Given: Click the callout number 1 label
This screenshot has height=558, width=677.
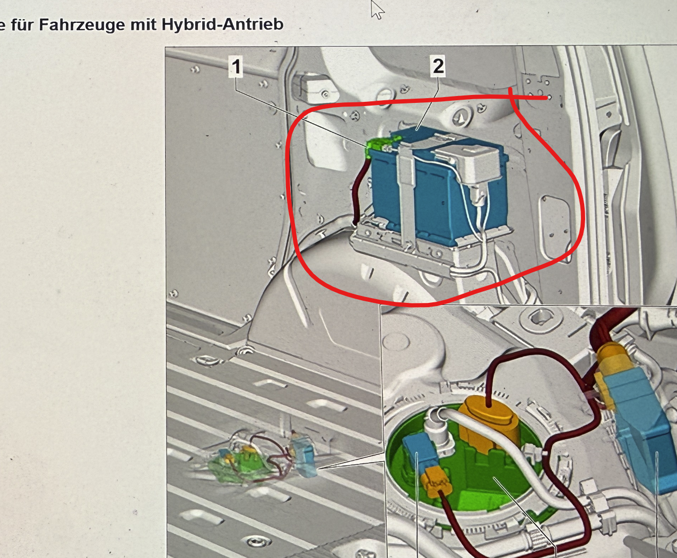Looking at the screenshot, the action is click(236, 67).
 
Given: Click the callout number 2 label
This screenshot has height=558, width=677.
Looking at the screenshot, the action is click(438, 66).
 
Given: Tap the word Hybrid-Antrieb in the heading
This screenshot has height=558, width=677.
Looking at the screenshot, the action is click(222, 24).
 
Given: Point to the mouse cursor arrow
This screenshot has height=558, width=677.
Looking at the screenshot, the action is click(377, 10).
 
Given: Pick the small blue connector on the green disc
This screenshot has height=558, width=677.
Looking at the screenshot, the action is click(416, 456).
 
